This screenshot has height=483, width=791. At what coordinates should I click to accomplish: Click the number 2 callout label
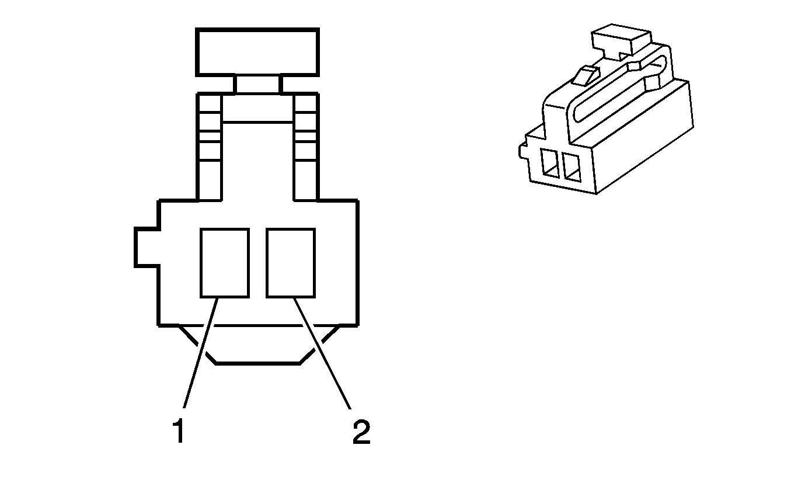coord(361,432)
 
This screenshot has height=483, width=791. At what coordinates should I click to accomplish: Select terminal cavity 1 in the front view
coord(224,262)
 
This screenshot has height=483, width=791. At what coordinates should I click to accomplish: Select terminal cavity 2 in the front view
coord(290,262)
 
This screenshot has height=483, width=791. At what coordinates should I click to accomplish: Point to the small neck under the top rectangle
coord(257,84)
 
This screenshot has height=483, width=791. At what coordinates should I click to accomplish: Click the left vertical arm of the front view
coord(209,146)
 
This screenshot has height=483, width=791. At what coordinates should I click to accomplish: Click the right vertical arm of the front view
coord(306,146)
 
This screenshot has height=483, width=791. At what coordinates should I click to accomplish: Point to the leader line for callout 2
coord(323,353)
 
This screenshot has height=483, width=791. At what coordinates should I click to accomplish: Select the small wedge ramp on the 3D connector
coord(586,75)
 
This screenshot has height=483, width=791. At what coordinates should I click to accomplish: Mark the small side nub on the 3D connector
coord(521,151)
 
